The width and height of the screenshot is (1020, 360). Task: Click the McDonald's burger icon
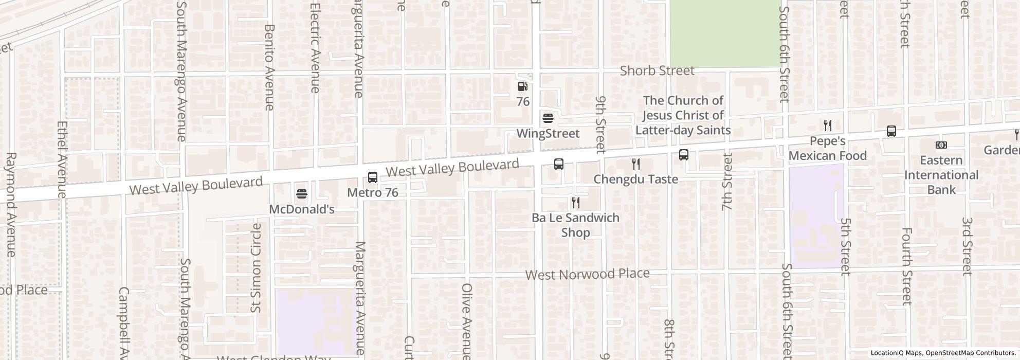302,194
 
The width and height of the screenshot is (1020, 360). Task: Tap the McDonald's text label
302,209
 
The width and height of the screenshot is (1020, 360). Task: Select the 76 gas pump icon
522,87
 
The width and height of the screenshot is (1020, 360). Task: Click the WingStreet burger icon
548,119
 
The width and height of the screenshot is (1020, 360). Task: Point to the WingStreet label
548,134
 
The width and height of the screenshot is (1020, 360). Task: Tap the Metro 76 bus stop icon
373,177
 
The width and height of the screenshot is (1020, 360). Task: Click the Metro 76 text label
373,193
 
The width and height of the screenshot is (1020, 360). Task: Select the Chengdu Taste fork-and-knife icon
636,164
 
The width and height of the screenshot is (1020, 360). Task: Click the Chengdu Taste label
636,179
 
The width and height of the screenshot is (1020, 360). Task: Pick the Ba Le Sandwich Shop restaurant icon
576,203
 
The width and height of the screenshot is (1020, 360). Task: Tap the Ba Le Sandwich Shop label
575,225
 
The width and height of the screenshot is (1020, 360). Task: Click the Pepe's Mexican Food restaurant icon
828,125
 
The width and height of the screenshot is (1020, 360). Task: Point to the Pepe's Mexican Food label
828,148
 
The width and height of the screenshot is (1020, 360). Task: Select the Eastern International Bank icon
941,145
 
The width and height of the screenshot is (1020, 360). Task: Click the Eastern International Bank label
941,175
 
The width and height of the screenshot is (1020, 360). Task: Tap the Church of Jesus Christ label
683,115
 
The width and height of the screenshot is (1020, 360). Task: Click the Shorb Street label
657,70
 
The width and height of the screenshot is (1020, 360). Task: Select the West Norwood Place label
588,274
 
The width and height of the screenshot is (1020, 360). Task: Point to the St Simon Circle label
256,267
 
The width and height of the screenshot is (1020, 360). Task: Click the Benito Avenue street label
269,67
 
